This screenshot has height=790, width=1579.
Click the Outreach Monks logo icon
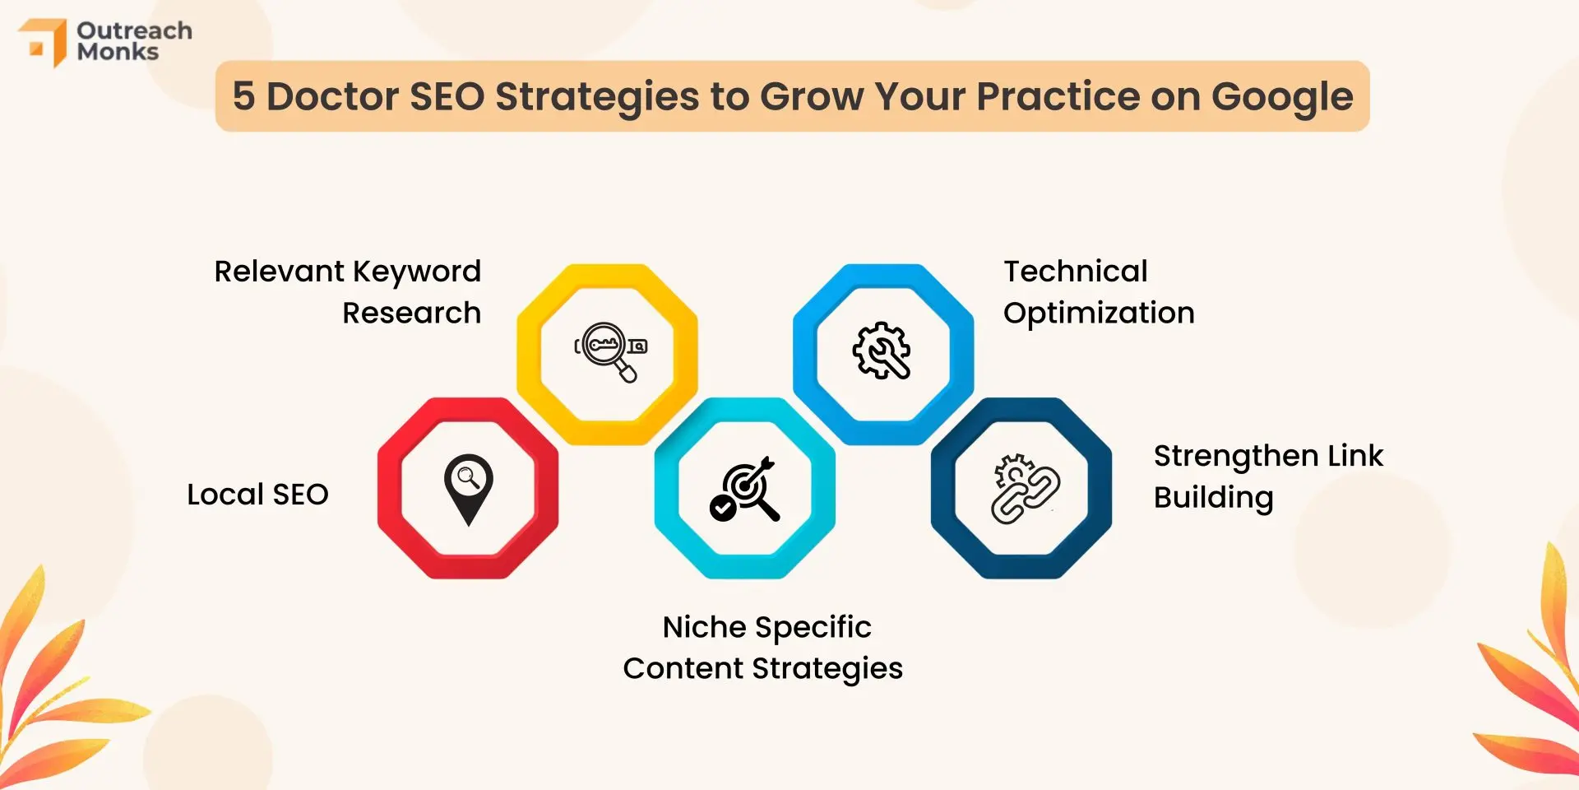pyautogui.click(x=43, y=42)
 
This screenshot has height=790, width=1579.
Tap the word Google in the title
pyautogui.click(x=1282, y=98)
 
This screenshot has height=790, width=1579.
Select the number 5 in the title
pyautogui.click(x=243, y=96)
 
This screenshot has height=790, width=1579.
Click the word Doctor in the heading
pyautogui.click(x=333, y=96)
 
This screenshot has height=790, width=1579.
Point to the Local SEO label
pyautogui.click(x=257, y=495)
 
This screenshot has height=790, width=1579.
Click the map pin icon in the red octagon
pyautogui.click(x=469, y=490)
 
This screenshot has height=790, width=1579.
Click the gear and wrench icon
pyautogui.click(x=882, y=351)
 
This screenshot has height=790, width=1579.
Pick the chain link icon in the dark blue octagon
pyautogui.click(x=1026, y=489)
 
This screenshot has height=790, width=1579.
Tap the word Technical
pyautogui.click(x=1076, y=271)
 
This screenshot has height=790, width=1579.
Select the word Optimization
pyautogui.click(x=1099, y=314)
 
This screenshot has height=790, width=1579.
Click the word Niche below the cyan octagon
pyautogui.click(x=705, y=627)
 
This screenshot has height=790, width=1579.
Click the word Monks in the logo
pyautogui.click(x=118, y=52)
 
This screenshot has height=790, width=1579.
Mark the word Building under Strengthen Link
pyautogui.click(x=1214, y=499)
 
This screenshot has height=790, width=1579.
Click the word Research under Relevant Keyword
pyautogui.click(x=412, y=314)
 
